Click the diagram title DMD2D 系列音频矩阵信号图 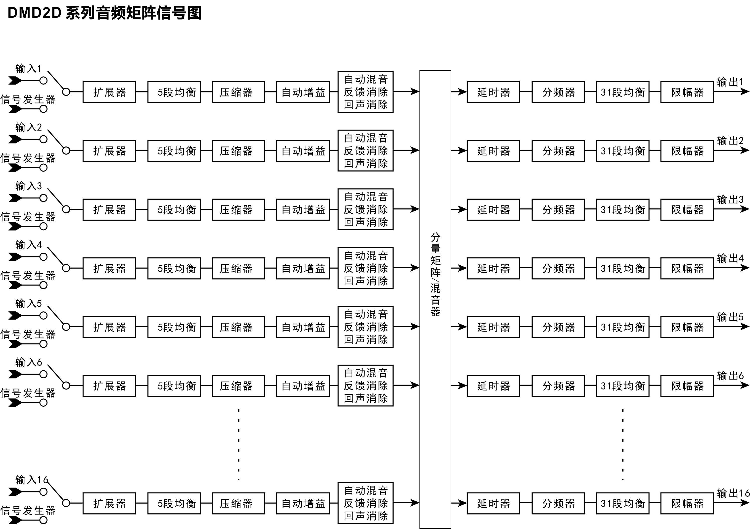(104, 13)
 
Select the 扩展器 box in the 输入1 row (109, 92)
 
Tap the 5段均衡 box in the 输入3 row (174, 209)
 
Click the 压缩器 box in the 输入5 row (238, 327)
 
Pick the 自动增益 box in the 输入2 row (303, 151)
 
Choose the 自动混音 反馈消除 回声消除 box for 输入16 (365, 503)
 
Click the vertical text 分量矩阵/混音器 (435, 275)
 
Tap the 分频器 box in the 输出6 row (558, 386)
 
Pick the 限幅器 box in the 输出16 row (687, 503)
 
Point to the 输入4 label (29, 245)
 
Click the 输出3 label (730, 199)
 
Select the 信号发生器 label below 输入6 (28, 393)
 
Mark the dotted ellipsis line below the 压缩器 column (239, 444)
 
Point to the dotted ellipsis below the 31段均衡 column (623, 444)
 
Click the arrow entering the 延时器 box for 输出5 (461, 327)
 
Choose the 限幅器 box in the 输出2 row (687, 151)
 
